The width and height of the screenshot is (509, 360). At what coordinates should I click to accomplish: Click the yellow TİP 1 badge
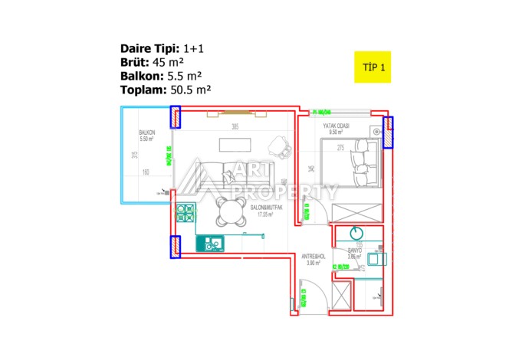click(373, 67)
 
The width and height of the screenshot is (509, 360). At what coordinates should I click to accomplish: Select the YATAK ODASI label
click(337, 126)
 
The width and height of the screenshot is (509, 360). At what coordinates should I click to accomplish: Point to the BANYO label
click(354, 250)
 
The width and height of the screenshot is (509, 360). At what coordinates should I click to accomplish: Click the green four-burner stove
click(185, 212)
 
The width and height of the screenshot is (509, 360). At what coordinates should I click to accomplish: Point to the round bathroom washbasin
click(356, 233)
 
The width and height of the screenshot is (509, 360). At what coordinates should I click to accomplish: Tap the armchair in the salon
click(279, 145)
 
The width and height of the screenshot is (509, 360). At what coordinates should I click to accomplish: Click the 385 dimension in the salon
click(236, 127)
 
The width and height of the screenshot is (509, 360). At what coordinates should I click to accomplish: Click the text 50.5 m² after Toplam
click(189, 90)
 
